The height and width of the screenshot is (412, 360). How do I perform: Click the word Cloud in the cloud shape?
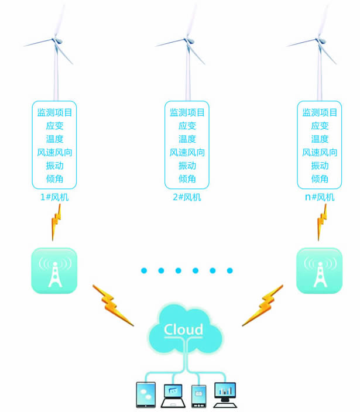pyautogui.click(x=183, y=329)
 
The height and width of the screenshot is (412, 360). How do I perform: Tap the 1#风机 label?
pyautogui.click(x=54, y=197)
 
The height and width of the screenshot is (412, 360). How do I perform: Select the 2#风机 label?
pyautogui.click(x=187, y=197)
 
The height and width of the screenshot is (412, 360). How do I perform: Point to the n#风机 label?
pyautogui.click(x=320, y=197)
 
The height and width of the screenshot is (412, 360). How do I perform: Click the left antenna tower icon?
pyautogui.click(x=54, y=270)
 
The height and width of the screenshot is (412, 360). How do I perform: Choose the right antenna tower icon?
pyautogui.click(x=319, y=270)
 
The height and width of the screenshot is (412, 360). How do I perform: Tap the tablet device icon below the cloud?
pyautogui.click(x=146, y=395)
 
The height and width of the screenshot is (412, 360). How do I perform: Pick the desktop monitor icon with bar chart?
pyautogui.click(x=225, y=395)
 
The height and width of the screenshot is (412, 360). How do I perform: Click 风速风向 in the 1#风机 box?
pyautogui.click(x=54, y=153)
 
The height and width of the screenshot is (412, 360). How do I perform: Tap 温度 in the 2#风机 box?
pyautogui.click(x=187, y=139)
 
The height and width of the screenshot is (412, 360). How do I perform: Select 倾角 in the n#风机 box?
pyautogui.click(x=320, y=179)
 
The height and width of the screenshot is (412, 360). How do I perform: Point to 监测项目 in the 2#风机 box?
pyautogui.click(x=187, y=112)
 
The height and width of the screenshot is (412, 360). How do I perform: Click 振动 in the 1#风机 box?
pyautogui.click(x=54, y=166)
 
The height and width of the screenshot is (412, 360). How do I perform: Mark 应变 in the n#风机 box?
pyautogui.click(x=320, y=126)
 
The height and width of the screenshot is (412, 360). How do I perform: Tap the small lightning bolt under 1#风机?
pyautogui.click(x=56, y=222)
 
